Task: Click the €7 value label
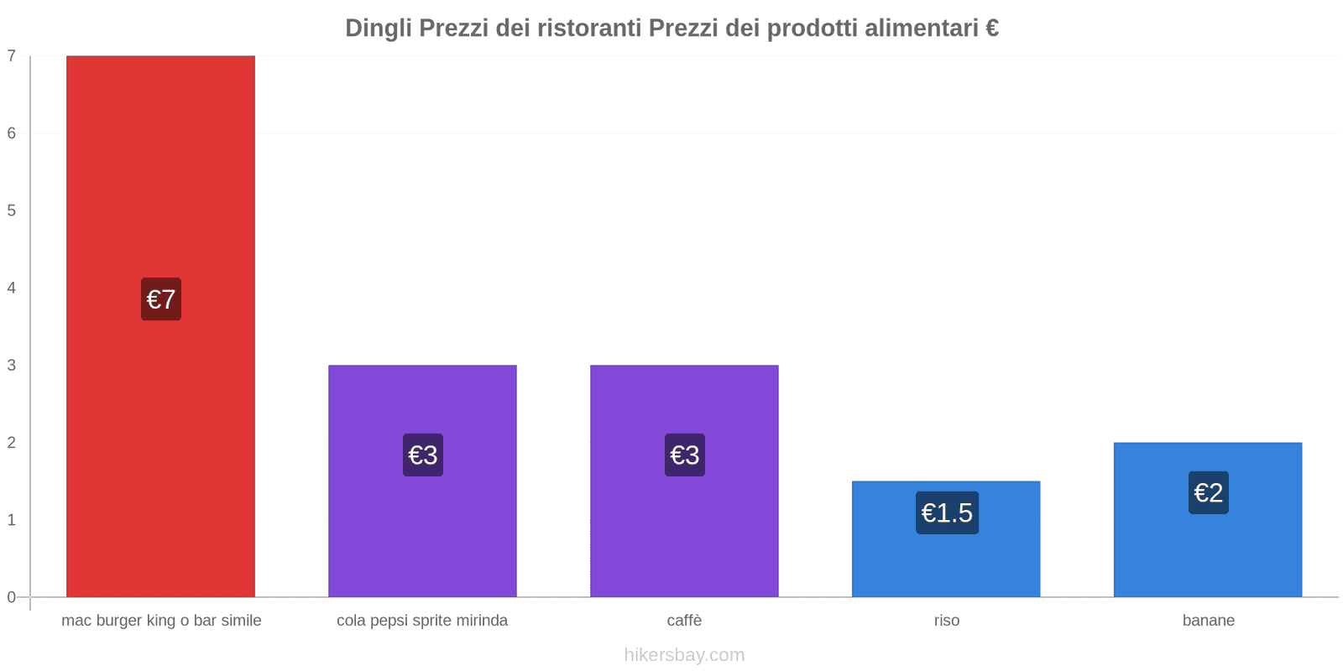pos(161,299)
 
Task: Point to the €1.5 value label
pos(947,512)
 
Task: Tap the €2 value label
pos(1209,492)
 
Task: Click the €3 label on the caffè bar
pos(685,455)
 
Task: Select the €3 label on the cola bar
pos(423,455)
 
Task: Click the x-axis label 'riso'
pos(947,621)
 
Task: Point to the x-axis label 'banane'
pos(1209,621)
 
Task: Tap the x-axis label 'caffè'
pos(684,621)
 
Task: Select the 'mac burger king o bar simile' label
pos(161,621)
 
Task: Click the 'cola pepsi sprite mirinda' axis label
pos(422,621)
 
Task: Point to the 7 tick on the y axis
pos(12,56)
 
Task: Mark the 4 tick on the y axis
pos(12,288)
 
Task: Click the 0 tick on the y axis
pos(12,597)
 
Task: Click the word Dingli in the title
pos(378,29)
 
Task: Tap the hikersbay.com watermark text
pos(684,655)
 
